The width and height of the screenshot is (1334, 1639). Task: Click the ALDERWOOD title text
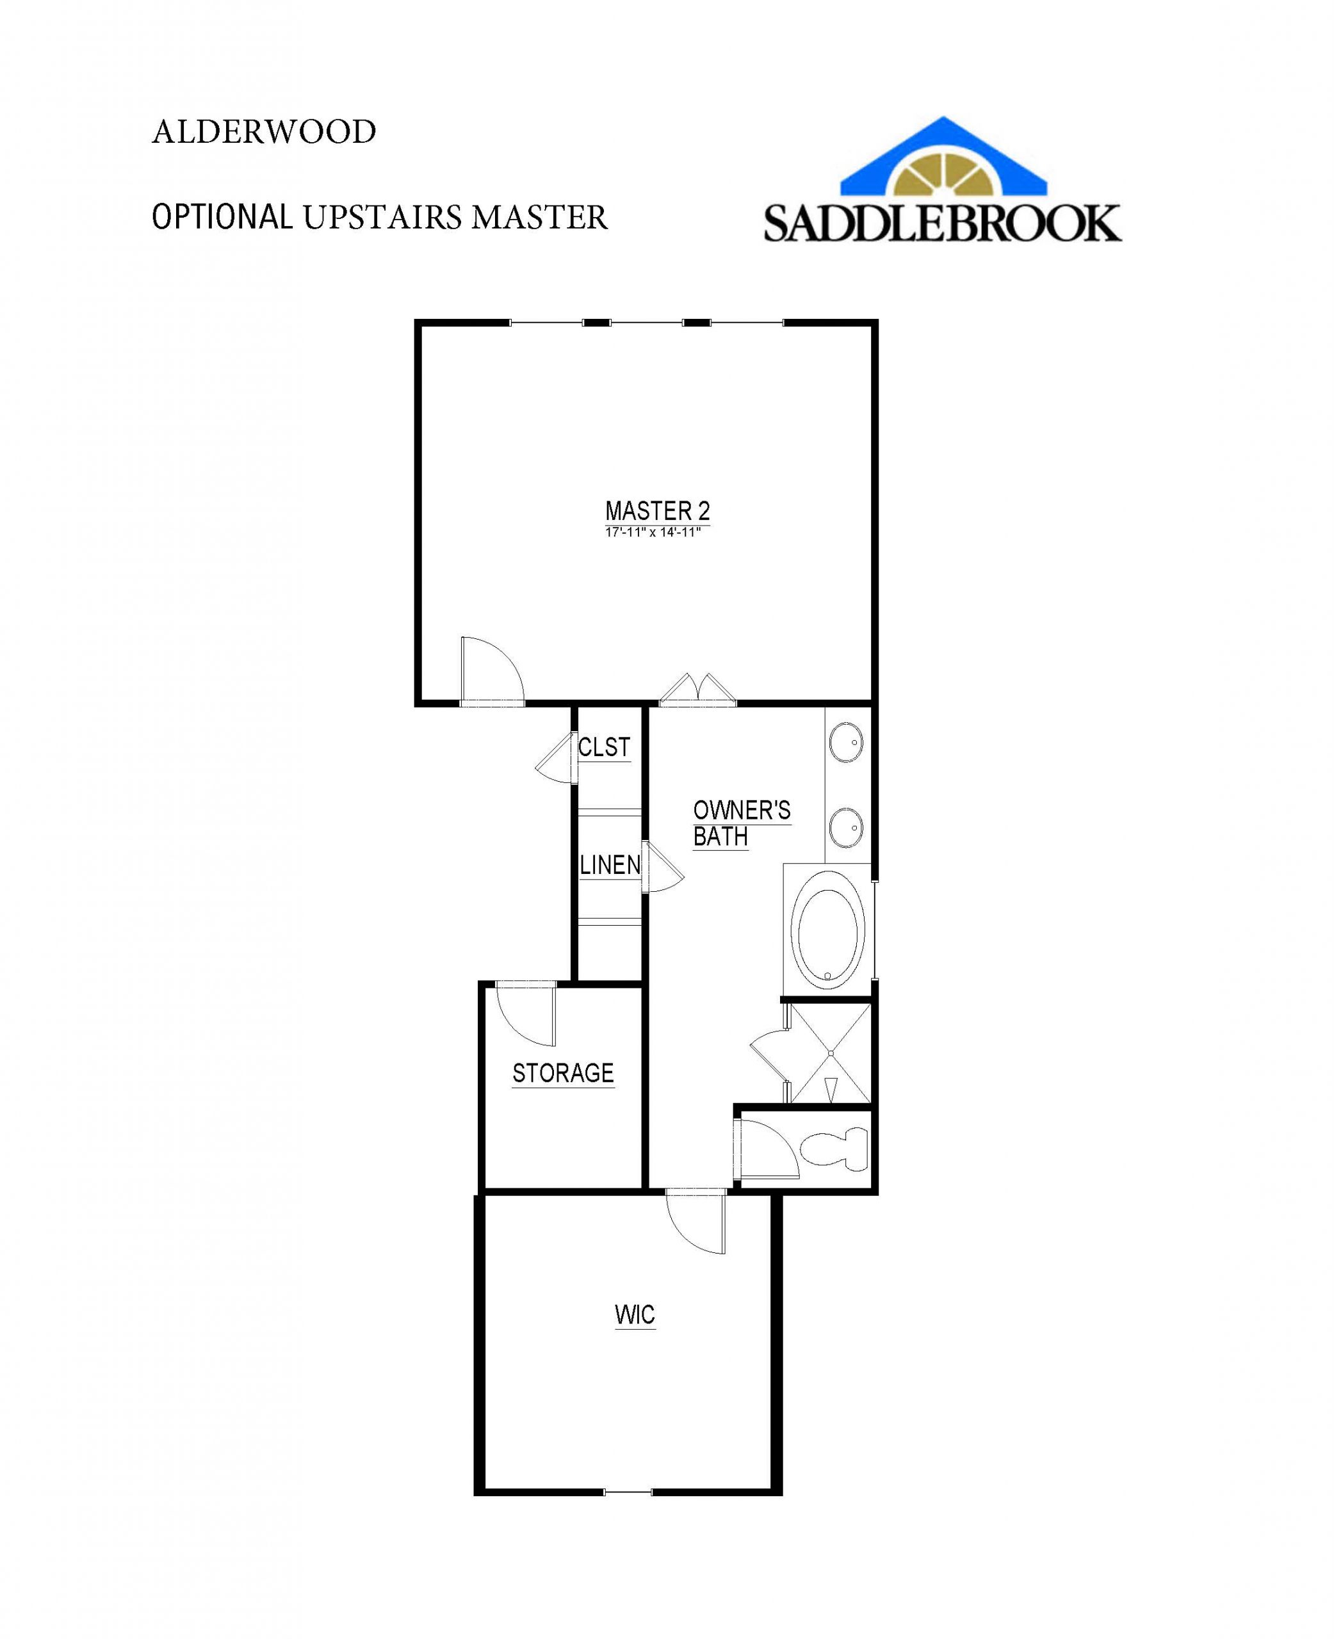[x=264, y=132]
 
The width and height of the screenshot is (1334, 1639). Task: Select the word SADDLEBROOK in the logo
[x=943, y=222]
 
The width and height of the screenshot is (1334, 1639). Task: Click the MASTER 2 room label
[x=657, y=511]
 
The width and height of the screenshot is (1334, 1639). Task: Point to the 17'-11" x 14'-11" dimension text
[x=653, y=532]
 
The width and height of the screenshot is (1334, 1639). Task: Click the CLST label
[x=604, y=747]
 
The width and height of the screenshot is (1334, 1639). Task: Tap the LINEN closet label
[x=610, y=865]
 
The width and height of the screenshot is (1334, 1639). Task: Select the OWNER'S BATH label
[x=742, y=823]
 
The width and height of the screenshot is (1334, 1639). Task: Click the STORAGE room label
[x=564, y=1073]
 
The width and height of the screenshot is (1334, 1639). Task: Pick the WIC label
[x=635, y=1315]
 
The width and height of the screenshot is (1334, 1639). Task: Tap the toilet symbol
[x=835, y=1150]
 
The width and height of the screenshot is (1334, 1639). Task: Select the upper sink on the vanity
[x=846, y=743]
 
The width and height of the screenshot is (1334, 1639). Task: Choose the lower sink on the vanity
[x=846, y=827]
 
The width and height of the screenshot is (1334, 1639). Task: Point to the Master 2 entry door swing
[x=492, y=670]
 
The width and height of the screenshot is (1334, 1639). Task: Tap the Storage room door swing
[x=526, y=1014]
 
